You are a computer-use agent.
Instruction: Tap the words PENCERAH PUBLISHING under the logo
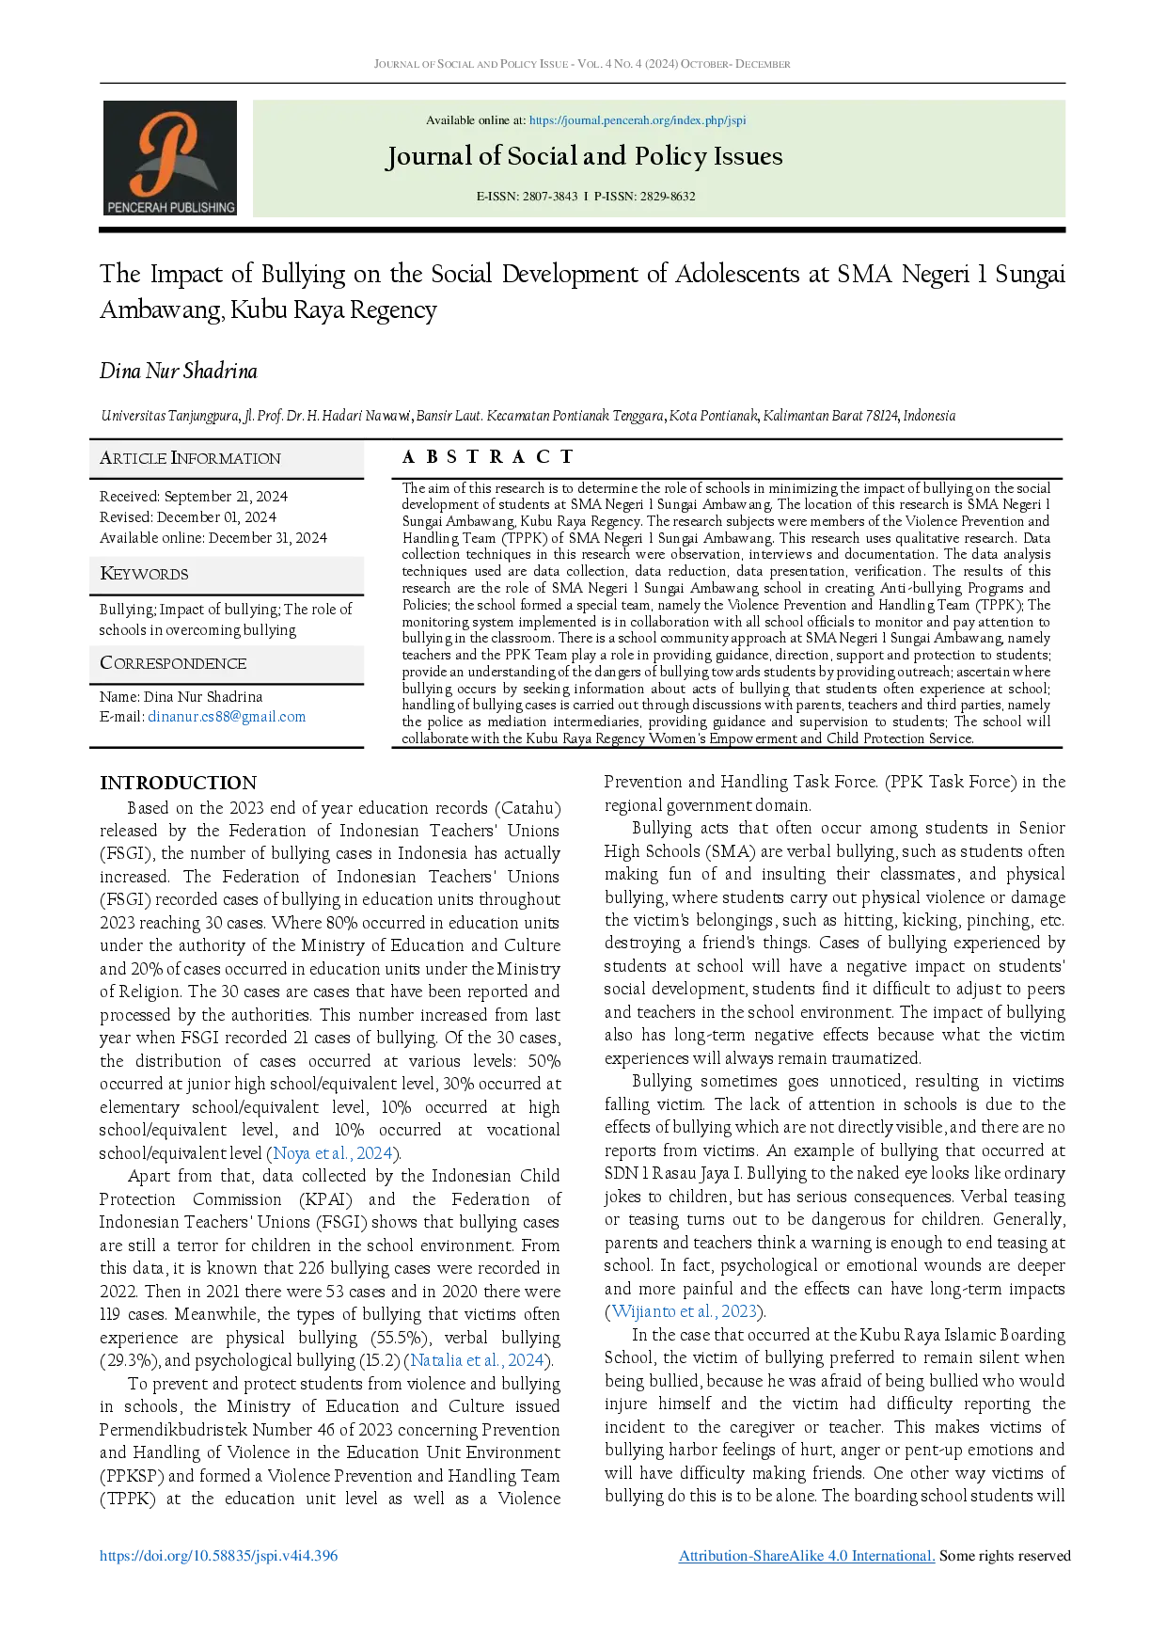tap(170, 207)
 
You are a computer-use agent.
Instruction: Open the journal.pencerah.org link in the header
tap(638, 120)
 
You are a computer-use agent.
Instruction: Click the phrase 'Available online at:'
tap(476, 120)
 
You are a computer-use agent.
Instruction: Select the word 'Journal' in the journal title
tap(430, 156)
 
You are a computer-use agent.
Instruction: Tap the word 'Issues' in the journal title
tap(748, 156)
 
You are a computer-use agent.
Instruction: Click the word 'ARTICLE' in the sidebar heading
tap(133, 458)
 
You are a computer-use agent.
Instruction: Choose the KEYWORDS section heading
tap(144, 574)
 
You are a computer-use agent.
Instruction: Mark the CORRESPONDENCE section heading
tap(173, 663)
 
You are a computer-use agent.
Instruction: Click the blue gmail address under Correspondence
tap(227, 716)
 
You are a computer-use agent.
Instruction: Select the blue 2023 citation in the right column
tap(684, 1310)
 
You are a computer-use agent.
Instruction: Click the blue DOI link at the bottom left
tap(217, 1555)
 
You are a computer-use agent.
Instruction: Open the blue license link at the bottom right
tap(807, 1555)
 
